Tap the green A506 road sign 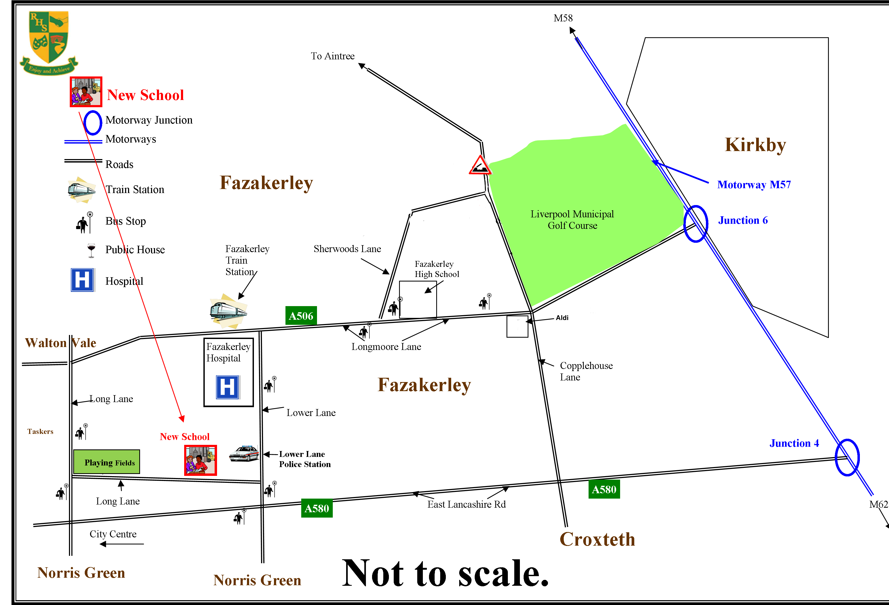(x=301, y=316)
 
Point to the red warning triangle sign (x=480, y=165)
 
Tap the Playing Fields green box (x=107, y=462)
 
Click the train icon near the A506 (x=228, y=311)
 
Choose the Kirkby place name (x=756, y=145)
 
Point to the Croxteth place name (x=597, y=539)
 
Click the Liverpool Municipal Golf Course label (x=572, y=220)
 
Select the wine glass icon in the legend (x=91, y=250)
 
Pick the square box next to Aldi (x=517, y=326)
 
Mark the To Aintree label (x=333, y=56)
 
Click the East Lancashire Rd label (x=466, y=504)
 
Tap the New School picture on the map (x=200, y=460)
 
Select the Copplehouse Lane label (x=586, y=371)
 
